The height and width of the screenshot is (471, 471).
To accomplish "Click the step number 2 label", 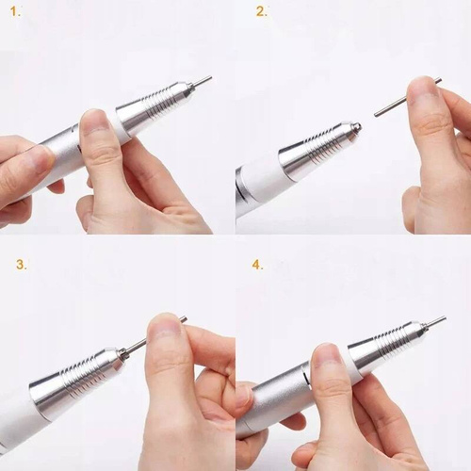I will point(261,12).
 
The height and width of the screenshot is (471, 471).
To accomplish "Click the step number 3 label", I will point(21,264).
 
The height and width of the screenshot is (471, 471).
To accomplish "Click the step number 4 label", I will point(258,264).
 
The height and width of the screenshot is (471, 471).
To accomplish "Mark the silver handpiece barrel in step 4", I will point(278,396).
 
